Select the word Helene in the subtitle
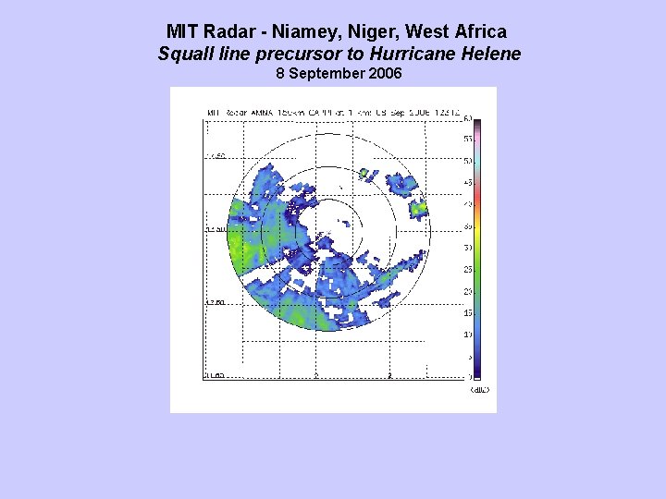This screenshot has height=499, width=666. tap(490, 54)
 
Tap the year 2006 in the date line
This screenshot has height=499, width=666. tap(383, 73)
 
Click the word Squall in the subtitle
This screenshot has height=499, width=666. tap(185, 54)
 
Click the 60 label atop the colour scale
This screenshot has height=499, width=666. tap(468, 118)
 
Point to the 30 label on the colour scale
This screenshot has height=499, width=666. tap(468, 248)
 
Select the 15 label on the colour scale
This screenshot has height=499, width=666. tap(468, 312)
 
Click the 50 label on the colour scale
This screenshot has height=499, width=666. tap(468, 160)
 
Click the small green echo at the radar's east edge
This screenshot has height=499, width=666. tap(419, 210)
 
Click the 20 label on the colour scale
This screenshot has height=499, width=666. tap(468, 291)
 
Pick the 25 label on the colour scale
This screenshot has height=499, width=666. tap(468, 269)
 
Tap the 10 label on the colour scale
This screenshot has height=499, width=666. tap(468, 335)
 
